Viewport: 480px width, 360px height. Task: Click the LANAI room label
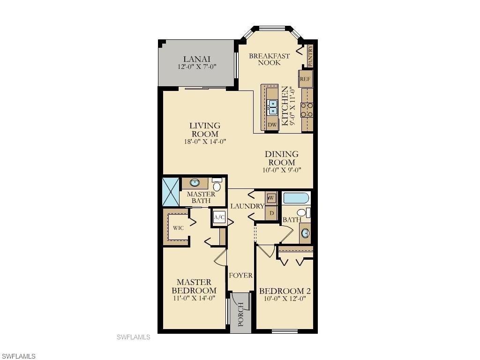pyautogui.click(x=196, y=59)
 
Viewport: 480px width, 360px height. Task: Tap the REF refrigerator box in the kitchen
pyautogui.click(x=306, y=79)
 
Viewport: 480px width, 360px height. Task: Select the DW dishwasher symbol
pyautogui.click(x=272, y=125)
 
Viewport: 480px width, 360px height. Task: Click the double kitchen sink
pyautogui.click(x=272, y=107)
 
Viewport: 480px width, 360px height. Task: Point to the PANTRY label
pyautogui.click(x=310, y=56)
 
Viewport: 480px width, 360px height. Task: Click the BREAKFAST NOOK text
pyautogui.click(x=269, y=59)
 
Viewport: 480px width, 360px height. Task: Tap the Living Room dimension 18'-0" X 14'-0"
pyautogui.click(x=205, y=142)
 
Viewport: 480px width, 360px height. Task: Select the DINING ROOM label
pyautogui.click(x=281, y=158)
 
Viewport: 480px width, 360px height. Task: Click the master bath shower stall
pyautogui.click(x=170, y=191)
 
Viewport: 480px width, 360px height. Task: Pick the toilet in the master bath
pyautogui.click(x=217, y=185)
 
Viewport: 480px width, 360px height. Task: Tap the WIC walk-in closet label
pyautogui.click(x=178, y=228)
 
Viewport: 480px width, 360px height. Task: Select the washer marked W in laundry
pyautogui.click(x=271, y=198)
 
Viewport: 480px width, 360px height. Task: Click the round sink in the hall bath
pyautogui.click(x=306, y=233)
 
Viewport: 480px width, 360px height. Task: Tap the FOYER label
pyautogui.click(x=240, y=276)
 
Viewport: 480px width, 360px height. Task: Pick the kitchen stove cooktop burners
pyautogui.click(x=307, y=110)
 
